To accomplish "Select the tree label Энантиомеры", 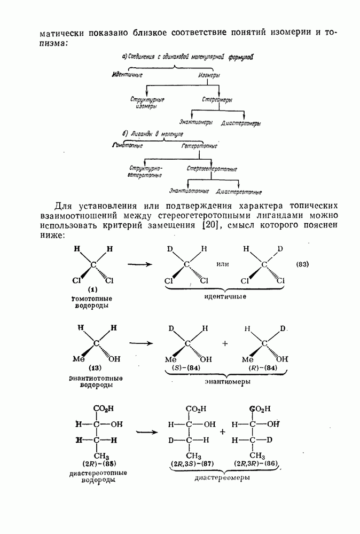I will coord(196,122).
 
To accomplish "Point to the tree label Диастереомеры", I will coord(241,123).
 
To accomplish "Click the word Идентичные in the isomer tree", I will coord(128,74).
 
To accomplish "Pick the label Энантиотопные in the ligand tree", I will coord(189,191).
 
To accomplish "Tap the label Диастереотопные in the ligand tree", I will coord(239,192).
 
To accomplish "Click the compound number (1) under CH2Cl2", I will coord(92,289).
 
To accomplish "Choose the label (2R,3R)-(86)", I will coord(257,463).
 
